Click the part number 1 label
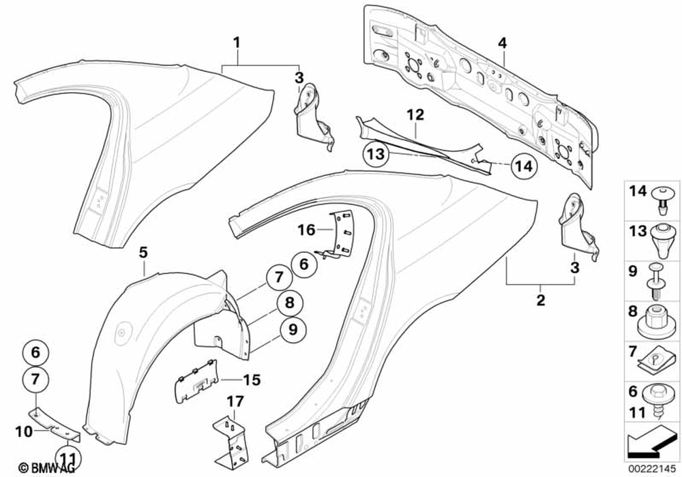coord(237,43)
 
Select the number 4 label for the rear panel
coord(503,43)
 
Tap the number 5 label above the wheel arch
coord(143,253)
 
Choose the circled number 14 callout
coord(527,164)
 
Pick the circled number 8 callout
coord(290,303)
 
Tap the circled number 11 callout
coord(68,455)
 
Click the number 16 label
coord(306,230)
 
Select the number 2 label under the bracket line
coord(540,300)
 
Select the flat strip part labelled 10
coord(55,422)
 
